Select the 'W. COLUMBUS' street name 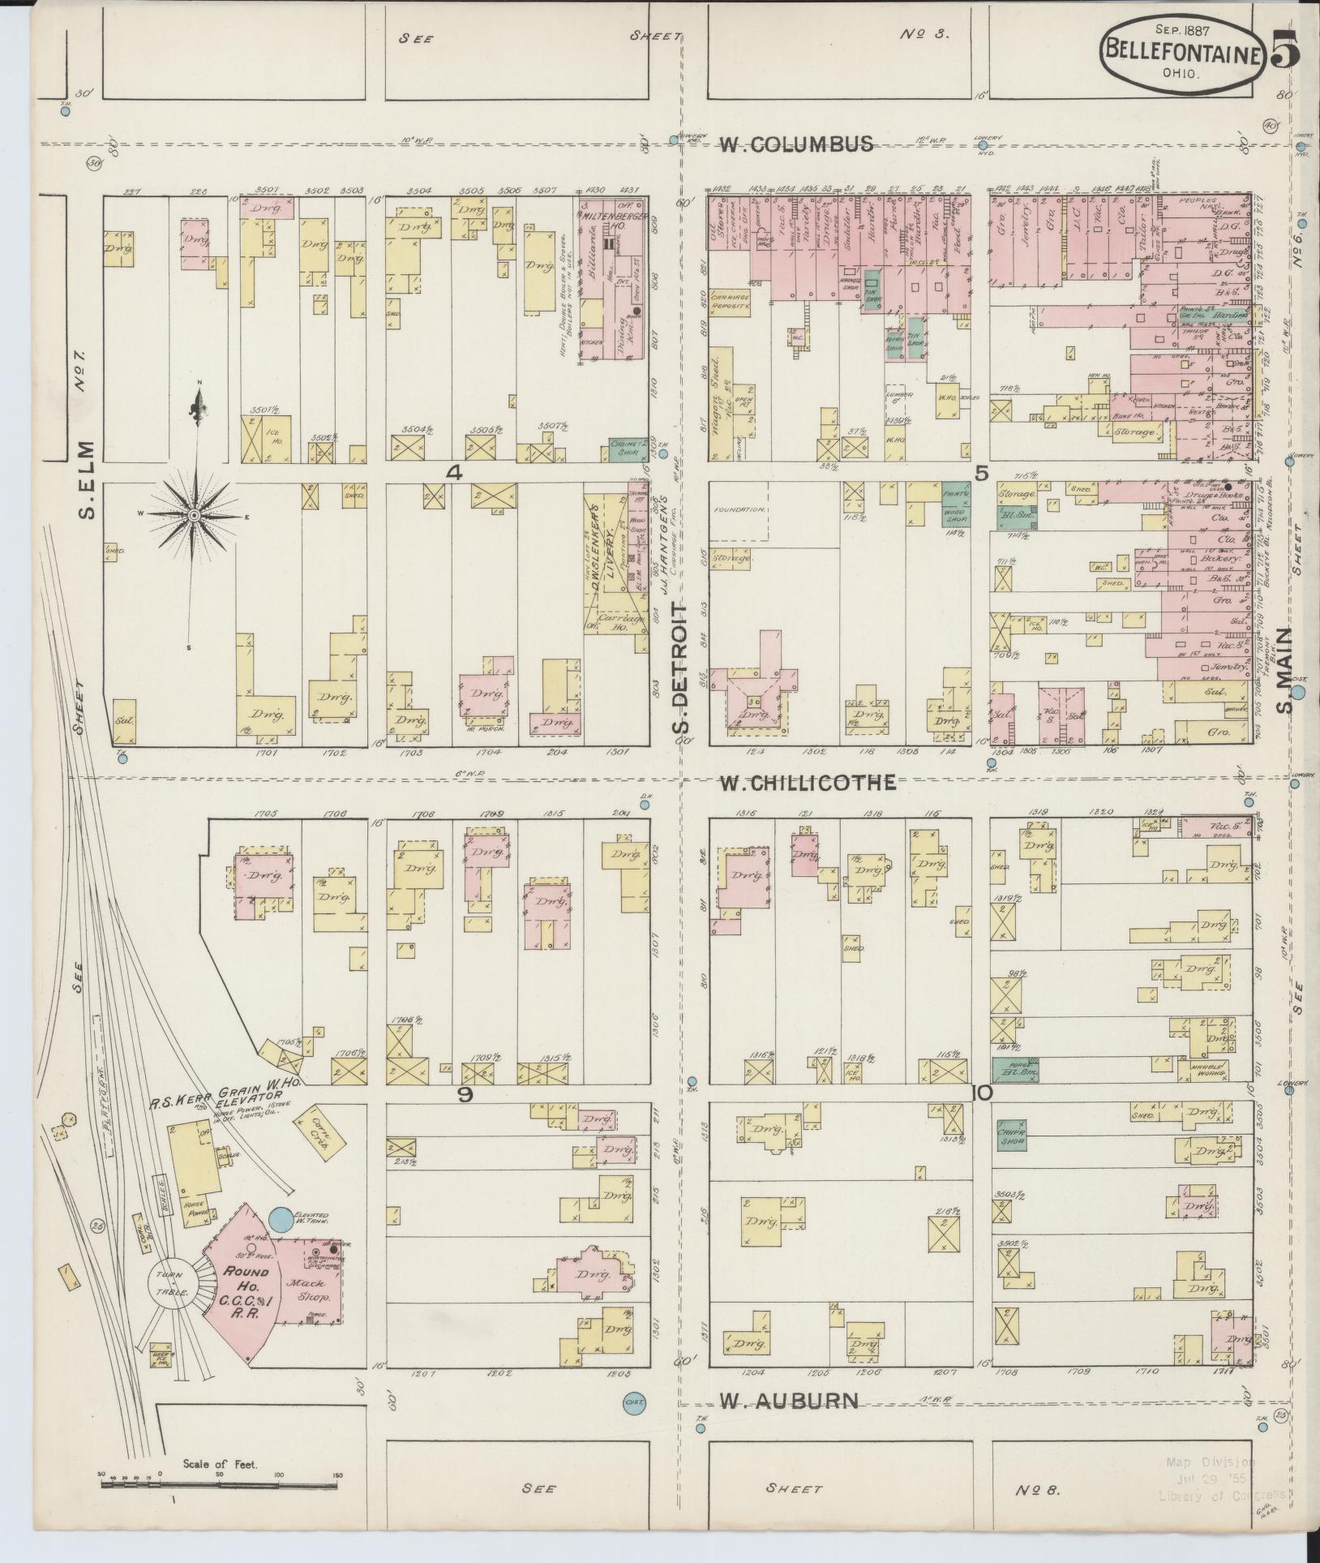[x=798, y=144]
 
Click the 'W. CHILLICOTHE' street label [x=808, y=782]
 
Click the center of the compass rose [x=195, y=516]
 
